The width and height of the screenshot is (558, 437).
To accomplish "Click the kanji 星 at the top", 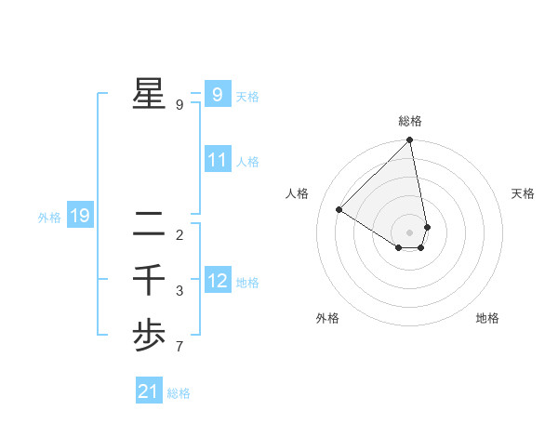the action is [149, 94].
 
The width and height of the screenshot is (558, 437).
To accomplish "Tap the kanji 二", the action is [149, 224].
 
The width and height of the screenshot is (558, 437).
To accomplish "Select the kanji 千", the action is [149, 280].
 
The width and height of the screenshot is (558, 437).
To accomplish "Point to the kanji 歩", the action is [149, 336].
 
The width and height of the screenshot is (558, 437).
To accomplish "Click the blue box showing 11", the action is [217, 160].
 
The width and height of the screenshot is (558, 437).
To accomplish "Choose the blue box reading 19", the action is [79, 216].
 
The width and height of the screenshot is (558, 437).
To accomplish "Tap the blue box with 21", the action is [148, 391].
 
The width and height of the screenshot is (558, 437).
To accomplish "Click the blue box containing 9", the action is [217, 94].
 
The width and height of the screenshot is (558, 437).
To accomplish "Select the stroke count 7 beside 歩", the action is [179, 348].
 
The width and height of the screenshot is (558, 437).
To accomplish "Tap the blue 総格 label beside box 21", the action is [179, 393].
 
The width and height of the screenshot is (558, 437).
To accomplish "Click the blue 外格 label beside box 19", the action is [49, 218].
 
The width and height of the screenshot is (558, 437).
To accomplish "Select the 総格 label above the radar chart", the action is [410, 121].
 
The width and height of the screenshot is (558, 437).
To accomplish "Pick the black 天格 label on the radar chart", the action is [523, 193].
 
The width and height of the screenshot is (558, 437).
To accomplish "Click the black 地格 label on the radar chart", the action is [487, 318].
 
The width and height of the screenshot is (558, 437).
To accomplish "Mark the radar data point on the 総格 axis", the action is [410, 141].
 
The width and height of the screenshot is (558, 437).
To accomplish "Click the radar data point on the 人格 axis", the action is [339, 209].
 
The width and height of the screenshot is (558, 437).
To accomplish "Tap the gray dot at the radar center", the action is [410, 232].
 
